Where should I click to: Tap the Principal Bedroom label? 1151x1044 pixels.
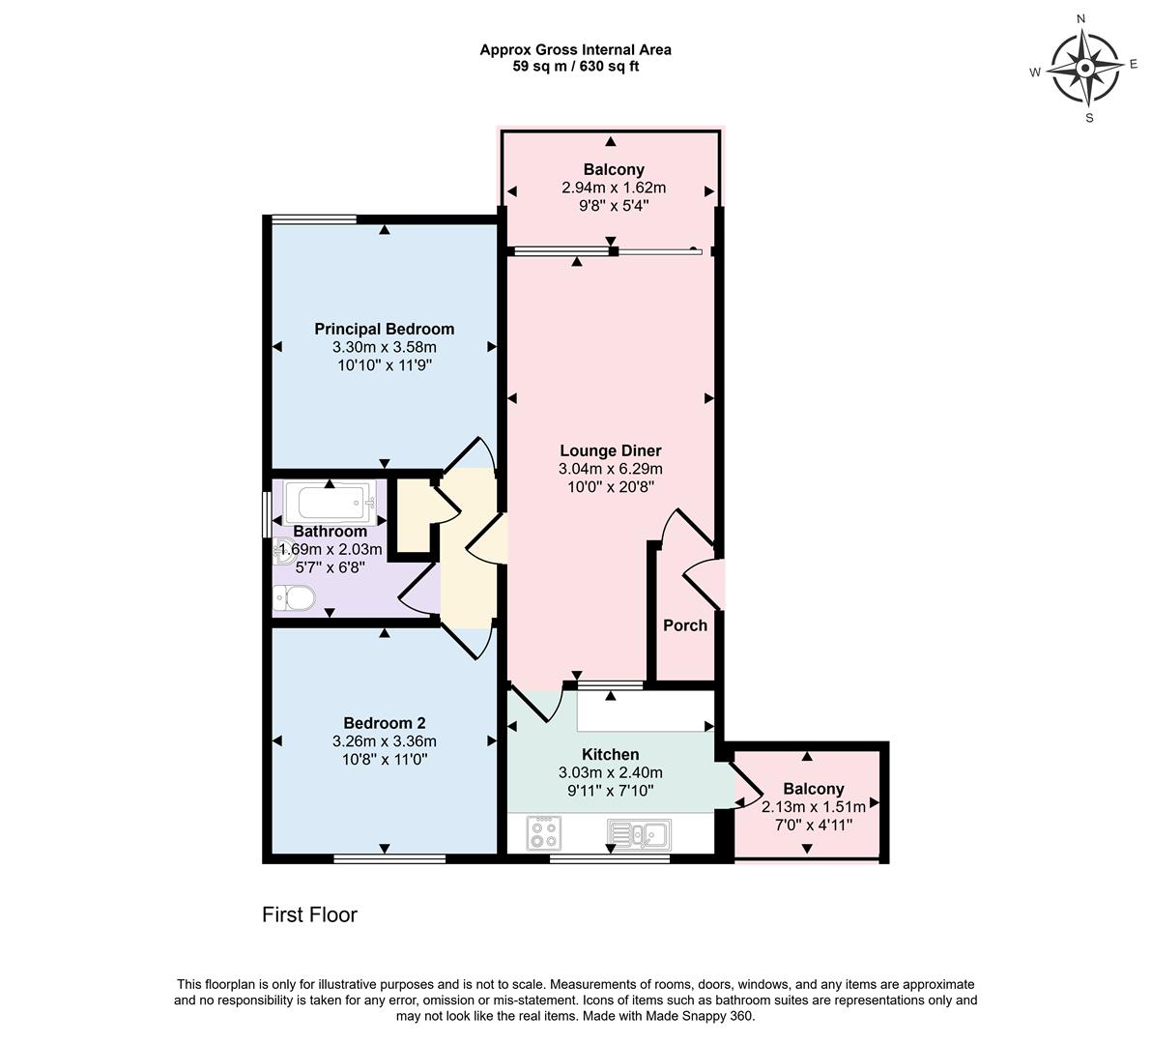pyautogui.click(x=384, y=329)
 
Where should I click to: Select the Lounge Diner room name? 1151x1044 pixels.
pyautogui.click(x=610, y=450)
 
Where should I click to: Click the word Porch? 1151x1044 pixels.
pyautogui.click(x=684, y=625)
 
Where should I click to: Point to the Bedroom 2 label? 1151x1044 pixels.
pyautogui.click(x=384, y=723)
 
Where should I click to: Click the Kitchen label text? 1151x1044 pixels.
pyautogui.click(x=610, y=754)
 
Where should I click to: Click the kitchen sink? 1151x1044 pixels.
pyautogui.click(x=639, y=833)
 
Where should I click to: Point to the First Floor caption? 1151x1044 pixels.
pyautogui.click(x=309, y=914)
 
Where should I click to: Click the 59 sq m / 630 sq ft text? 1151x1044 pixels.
pyautogui.click(x=575, y=67)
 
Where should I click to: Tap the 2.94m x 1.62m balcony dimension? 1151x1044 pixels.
pyautogui.click(x=614, y=188)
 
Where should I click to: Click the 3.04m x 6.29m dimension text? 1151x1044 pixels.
pyautogui.click(x=610, y=469)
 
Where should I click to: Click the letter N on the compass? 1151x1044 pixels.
pyautogui.click(x=1081, y=18)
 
